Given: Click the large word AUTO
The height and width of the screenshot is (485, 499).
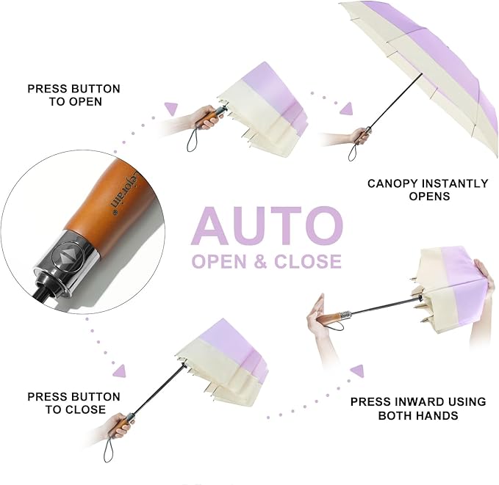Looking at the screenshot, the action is coord(267,226).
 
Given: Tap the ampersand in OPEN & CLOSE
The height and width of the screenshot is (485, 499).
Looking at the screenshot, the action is coord(260,261).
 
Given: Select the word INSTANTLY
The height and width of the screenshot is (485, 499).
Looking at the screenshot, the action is coord(456,183).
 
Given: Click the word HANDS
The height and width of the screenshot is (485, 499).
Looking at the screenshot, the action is coord(439,415).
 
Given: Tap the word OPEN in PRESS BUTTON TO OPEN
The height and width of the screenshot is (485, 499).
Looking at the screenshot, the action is coord(85,102).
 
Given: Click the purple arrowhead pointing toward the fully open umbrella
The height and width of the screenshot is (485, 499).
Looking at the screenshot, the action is coord(347,109).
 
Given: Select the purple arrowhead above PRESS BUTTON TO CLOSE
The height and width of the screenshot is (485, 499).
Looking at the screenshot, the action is coord(120,371).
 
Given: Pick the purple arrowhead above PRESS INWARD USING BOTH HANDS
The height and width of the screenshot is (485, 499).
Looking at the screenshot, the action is coord(357,371).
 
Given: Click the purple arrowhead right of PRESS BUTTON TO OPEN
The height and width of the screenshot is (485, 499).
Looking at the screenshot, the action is coord(171,109).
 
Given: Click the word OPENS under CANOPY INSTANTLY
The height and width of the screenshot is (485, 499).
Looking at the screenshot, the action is coord(429,196).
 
